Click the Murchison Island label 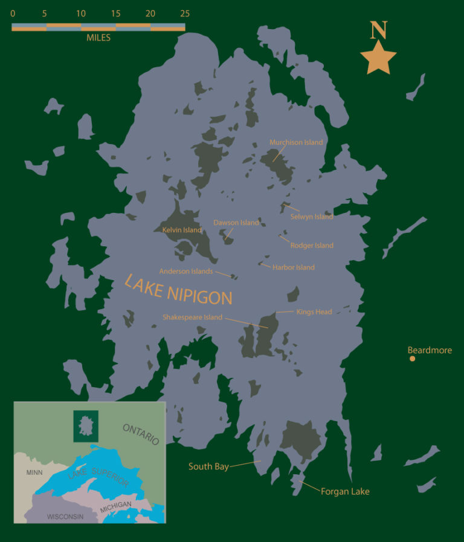296,143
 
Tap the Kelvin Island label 182,230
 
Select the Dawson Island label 236,223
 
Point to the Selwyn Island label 312,217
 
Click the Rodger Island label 312,246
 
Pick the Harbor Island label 294,267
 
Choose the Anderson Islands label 186,272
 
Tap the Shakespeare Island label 192,317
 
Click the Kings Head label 314,312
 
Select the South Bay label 208,466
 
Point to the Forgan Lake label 345,492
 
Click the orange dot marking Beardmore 413,359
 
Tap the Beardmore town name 430,350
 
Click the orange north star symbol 378,58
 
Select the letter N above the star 379,30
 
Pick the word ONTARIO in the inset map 141,434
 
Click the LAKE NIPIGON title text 178,290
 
